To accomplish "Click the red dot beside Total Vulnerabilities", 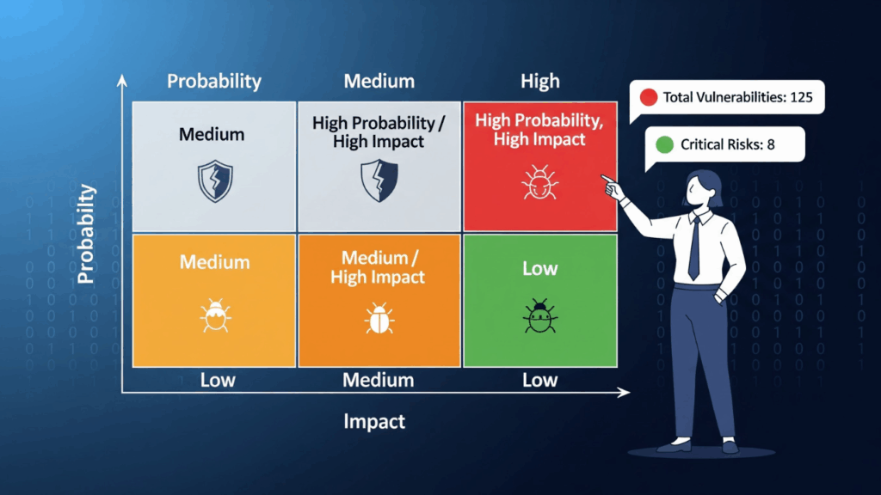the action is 649,97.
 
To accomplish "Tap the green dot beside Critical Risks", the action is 665,144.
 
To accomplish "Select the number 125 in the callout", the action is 801,97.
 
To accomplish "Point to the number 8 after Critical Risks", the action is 771,144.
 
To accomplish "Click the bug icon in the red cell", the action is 540,182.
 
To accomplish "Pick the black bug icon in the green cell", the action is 540,316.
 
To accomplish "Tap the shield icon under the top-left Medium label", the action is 215,180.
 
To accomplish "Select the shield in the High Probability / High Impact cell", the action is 379,180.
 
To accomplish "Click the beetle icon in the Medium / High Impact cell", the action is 379,318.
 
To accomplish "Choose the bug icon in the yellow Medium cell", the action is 215,315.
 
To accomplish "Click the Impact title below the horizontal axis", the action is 374,421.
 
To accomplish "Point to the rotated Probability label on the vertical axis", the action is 86,234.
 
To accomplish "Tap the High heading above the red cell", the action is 540,82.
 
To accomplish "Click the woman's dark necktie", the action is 694,248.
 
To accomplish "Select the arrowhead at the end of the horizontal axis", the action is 625,392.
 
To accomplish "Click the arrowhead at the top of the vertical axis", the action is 122,81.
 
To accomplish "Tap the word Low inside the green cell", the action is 540,269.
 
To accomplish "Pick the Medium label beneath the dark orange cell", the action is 379,381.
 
